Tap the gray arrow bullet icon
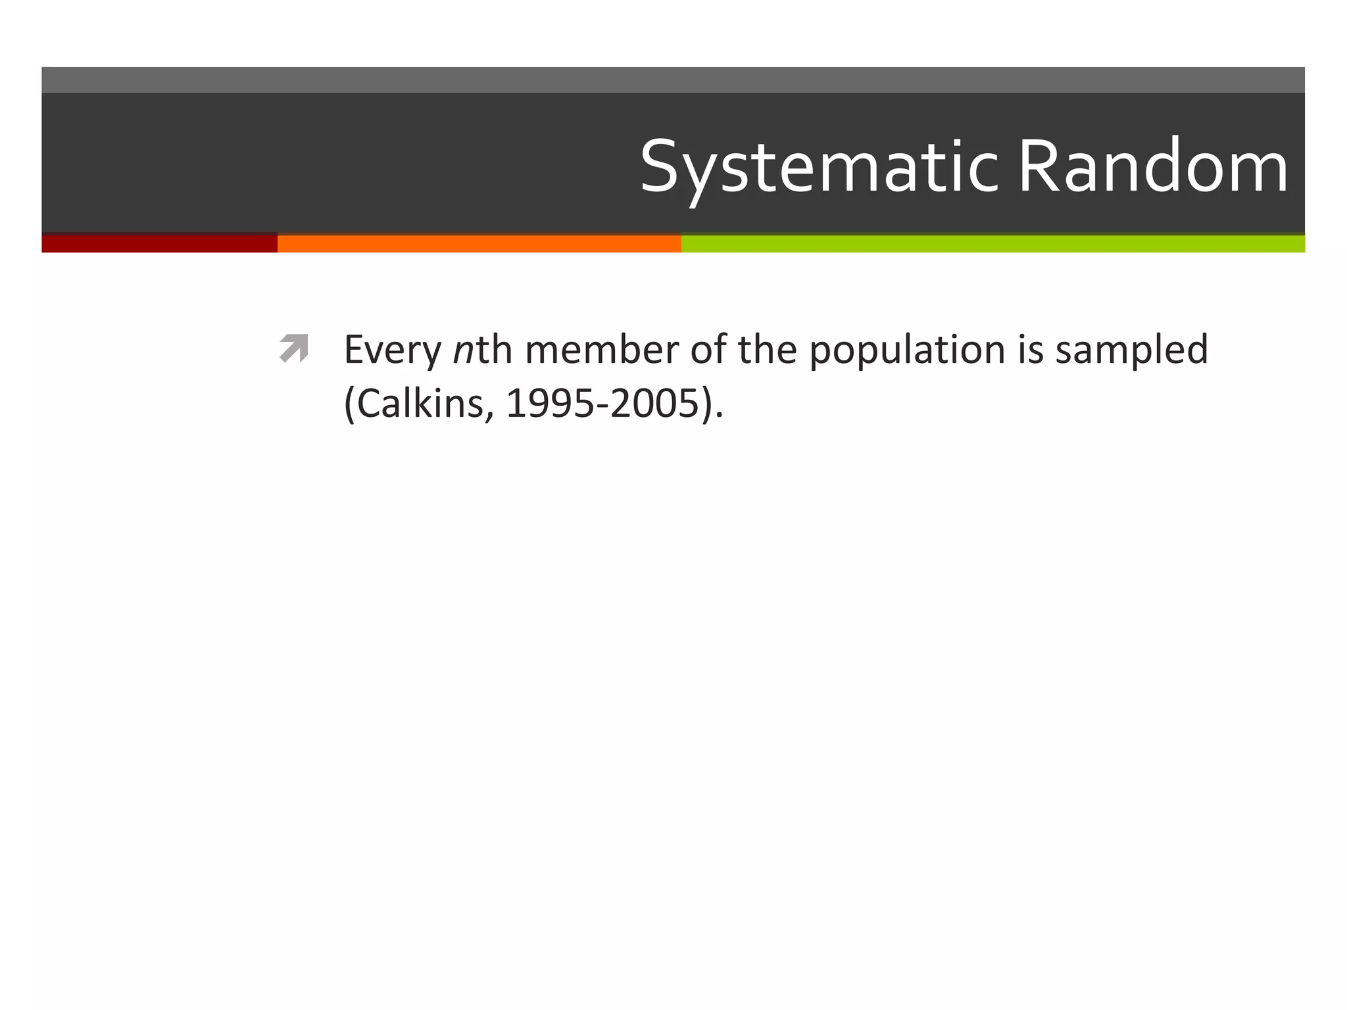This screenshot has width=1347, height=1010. coord(293,349)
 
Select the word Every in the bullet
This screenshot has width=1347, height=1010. coord(392,350)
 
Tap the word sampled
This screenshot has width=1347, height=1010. coord(1131,350)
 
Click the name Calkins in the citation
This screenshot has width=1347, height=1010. coord(424,403)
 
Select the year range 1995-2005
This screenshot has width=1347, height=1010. coord(602,403)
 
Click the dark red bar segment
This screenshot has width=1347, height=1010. coord(159,243)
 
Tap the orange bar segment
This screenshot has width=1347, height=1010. coord(479,243)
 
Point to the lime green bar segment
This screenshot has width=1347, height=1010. coord(992,243)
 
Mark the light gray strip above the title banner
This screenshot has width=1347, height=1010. coord(673,80)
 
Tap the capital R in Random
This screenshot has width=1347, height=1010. coord(1038,168)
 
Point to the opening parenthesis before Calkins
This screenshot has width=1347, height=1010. coord(349,404)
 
